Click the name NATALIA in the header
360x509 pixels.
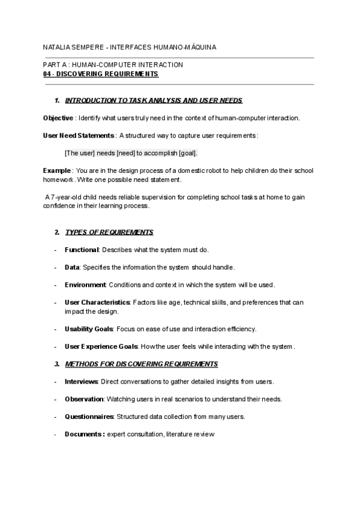(x=58, y=46)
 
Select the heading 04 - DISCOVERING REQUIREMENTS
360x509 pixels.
(x=101, y=74)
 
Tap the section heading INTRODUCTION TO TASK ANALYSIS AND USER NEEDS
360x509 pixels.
(x=153, y=100)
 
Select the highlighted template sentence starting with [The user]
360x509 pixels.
(x=131, y=153)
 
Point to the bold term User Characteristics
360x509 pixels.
(x=97, y=303)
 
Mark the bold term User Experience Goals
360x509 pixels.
(x=101, y=346)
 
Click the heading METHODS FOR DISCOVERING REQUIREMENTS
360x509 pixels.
(x=141, y=364)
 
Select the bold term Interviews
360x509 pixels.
(x=81, y=382)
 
